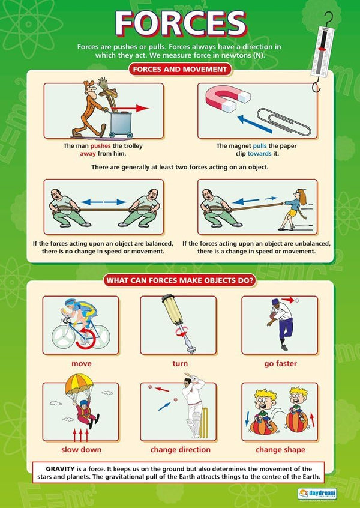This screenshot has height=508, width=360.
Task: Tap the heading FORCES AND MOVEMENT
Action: (x=180, y=70)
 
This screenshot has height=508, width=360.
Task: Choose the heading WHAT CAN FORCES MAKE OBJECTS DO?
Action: (x=180, y=280)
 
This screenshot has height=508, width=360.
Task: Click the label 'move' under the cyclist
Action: (x=81, y=363)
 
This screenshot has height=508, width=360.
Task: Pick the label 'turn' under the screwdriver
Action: (x=180, y=363)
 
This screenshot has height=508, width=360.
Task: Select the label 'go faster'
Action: (x=281, y=363)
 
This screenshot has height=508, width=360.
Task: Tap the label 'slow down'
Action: (x=81, y=449)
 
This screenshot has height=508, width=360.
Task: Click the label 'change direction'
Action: (x=180, y=449)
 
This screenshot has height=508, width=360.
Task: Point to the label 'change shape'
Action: (x=280, y=449)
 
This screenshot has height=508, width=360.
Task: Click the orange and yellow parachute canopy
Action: (x=82, y=397)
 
